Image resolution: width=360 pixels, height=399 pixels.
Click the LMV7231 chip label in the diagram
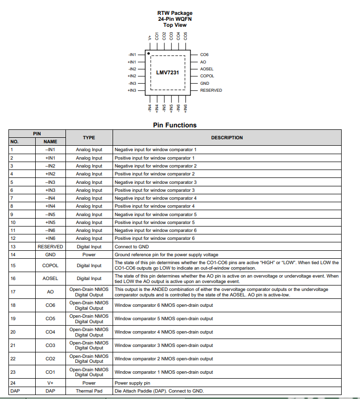click(x=168, y=72)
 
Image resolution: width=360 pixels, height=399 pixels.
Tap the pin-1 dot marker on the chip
click(x=148, y=53)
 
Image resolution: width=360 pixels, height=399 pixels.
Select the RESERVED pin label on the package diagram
click(x=211, y=91)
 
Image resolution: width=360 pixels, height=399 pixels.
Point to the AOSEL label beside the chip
click(x=207, y=69)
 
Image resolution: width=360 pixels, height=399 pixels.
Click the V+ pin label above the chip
click(x=150, y=37)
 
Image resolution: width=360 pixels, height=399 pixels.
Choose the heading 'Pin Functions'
click(x=175, y=125)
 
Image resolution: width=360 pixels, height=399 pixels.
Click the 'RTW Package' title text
click(x=175, y=13)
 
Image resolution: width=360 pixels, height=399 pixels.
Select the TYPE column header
click(x=89, y=138)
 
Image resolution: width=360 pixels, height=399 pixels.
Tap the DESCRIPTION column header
click(x=227, y=138)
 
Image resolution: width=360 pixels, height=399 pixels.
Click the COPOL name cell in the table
click(x=50, y=265)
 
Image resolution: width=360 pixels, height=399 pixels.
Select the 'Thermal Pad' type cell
click(x=89, y=391)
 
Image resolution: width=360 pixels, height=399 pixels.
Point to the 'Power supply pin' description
click(x=132, y=383)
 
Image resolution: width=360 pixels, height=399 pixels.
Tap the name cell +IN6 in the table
click(x=50, y=238)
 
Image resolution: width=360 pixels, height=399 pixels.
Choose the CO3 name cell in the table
click(x=50, y=345)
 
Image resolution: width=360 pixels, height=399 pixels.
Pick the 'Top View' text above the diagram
click(x=175, y=25)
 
